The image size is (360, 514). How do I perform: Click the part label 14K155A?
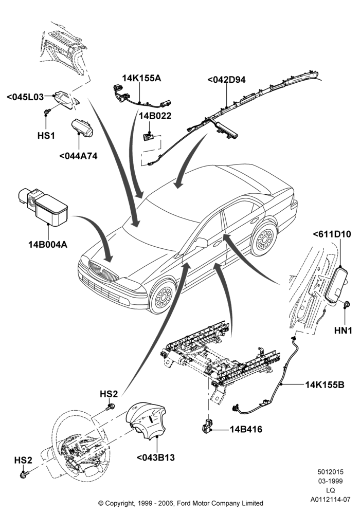pos(141,78)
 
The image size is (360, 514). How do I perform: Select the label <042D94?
pos(226,80)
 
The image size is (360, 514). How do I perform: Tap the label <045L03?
pos(25,97)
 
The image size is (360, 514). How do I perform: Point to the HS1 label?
pos(46,135)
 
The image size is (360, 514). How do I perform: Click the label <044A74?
pos(78,156)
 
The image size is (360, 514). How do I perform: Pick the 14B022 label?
pos(155,116)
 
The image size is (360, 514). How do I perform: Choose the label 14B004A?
pos(48,244)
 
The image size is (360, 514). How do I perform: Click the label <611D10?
pos(332,234)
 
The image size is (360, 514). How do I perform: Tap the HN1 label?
pos(343,331)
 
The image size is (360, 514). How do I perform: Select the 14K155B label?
pos(325,384)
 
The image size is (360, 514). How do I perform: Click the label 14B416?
pos(246,429)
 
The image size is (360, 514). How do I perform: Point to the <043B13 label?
pos(155,457)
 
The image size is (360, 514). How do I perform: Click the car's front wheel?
pos(163,297)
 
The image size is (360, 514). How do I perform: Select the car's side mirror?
pos(201,243)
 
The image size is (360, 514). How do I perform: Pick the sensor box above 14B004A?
pos(43,206)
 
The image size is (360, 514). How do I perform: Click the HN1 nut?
pos(346,305)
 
